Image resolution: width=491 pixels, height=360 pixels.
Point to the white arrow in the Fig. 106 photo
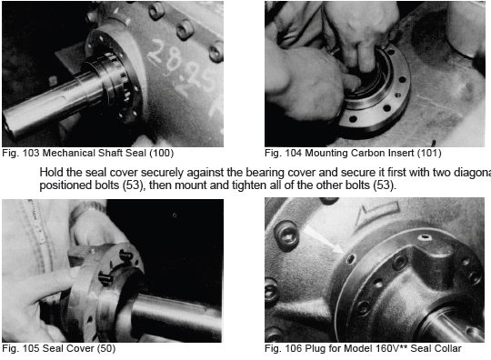click(324, 239)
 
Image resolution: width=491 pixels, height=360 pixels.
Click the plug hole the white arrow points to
click(350, 258)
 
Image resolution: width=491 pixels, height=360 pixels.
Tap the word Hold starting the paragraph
click(50, 172)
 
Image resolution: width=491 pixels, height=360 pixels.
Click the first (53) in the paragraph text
click(133, 185)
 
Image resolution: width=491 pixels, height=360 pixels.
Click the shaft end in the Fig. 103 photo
click(8, 125)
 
